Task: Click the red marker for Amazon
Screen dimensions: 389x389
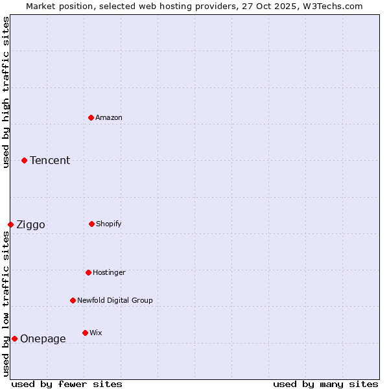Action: point(91,117)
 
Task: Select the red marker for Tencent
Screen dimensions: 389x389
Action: point(24,160)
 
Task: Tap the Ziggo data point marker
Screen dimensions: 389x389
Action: point(10,224)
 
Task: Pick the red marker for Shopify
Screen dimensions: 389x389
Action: point(91,224)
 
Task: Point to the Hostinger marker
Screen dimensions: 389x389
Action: point(88,272)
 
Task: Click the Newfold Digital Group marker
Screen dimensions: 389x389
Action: point(73,300)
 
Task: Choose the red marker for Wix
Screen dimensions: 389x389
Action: point(85,333)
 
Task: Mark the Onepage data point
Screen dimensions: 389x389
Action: point(14,338)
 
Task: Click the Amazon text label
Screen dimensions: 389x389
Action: point(109,117)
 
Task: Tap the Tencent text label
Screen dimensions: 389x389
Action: point(50,160)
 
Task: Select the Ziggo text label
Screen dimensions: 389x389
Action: point(30,225)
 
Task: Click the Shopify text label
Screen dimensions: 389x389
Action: point(109,224)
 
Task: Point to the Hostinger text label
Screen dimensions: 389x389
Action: point(109,272)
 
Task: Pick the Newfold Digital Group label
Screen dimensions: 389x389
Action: point(115,300)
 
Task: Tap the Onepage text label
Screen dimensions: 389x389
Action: point(43,338)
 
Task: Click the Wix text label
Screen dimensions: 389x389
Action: point(96,333)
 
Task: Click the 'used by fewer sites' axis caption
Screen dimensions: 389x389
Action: point(67,384)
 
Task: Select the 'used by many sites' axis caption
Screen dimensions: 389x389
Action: point(325,384)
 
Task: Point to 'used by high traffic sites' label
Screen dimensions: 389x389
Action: point(6,92)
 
